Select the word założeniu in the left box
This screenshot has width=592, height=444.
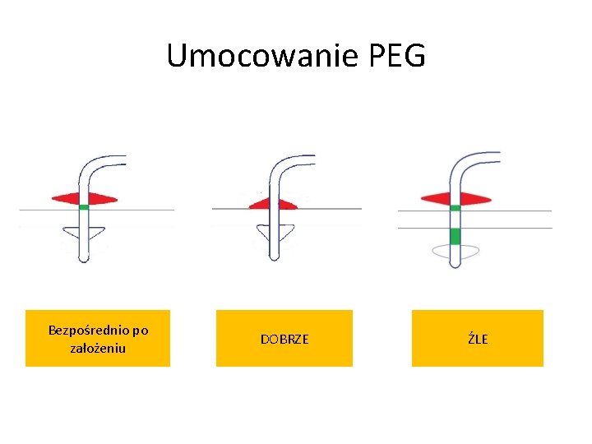tap(98, 349)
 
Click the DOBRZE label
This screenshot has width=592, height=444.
tap(284, 339)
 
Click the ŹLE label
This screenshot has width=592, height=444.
tap(478, 339)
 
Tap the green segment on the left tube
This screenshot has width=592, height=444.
tap(84, 207)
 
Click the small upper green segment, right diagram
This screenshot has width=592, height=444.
tap(456, 207)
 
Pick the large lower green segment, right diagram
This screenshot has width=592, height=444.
tap(456, 237)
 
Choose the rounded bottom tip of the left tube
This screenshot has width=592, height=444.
tap(84, 258)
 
